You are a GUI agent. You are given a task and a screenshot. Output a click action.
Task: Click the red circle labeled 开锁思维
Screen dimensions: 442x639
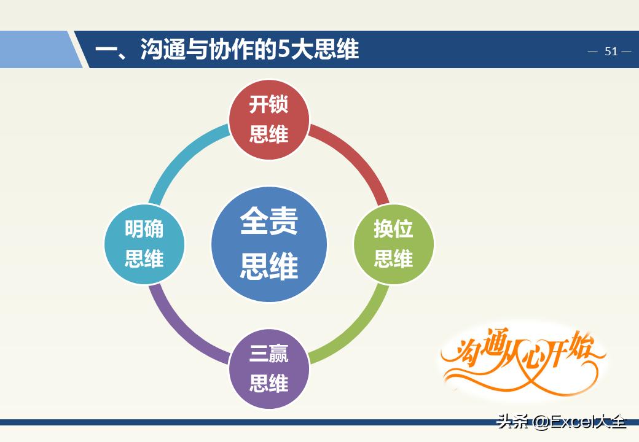tap(269, 119)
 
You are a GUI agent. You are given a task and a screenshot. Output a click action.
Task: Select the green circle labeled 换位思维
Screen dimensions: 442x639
tap(393, 244)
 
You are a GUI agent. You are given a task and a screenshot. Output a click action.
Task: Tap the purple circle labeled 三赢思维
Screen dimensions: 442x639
tap(269, 369)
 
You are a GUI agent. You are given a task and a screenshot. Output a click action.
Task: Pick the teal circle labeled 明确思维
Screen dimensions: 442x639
tap(144, 244)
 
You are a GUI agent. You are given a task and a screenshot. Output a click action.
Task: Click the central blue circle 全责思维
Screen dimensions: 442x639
tap(269, 244)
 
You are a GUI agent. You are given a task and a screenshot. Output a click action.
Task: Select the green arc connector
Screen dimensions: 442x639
tap(356, 332)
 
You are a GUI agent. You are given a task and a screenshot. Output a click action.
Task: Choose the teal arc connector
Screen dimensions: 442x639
tap(181, 157)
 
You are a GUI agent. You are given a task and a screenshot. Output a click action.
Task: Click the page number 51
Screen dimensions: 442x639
tap(611, 52)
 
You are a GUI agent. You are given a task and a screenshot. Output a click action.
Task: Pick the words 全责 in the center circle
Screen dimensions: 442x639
tap(269, 222)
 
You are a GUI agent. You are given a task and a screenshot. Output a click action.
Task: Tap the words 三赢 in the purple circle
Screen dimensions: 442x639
tap(269, 354)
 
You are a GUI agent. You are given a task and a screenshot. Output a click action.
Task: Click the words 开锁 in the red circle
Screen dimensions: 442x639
tap(269, 104)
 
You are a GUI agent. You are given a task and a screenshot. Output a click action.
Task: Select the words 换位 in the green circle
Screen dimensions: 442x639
tap(393, 230)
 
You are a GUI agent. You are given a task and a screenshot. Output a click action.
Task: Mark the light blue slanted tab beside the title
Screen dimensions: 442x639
tap(37, 50)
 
